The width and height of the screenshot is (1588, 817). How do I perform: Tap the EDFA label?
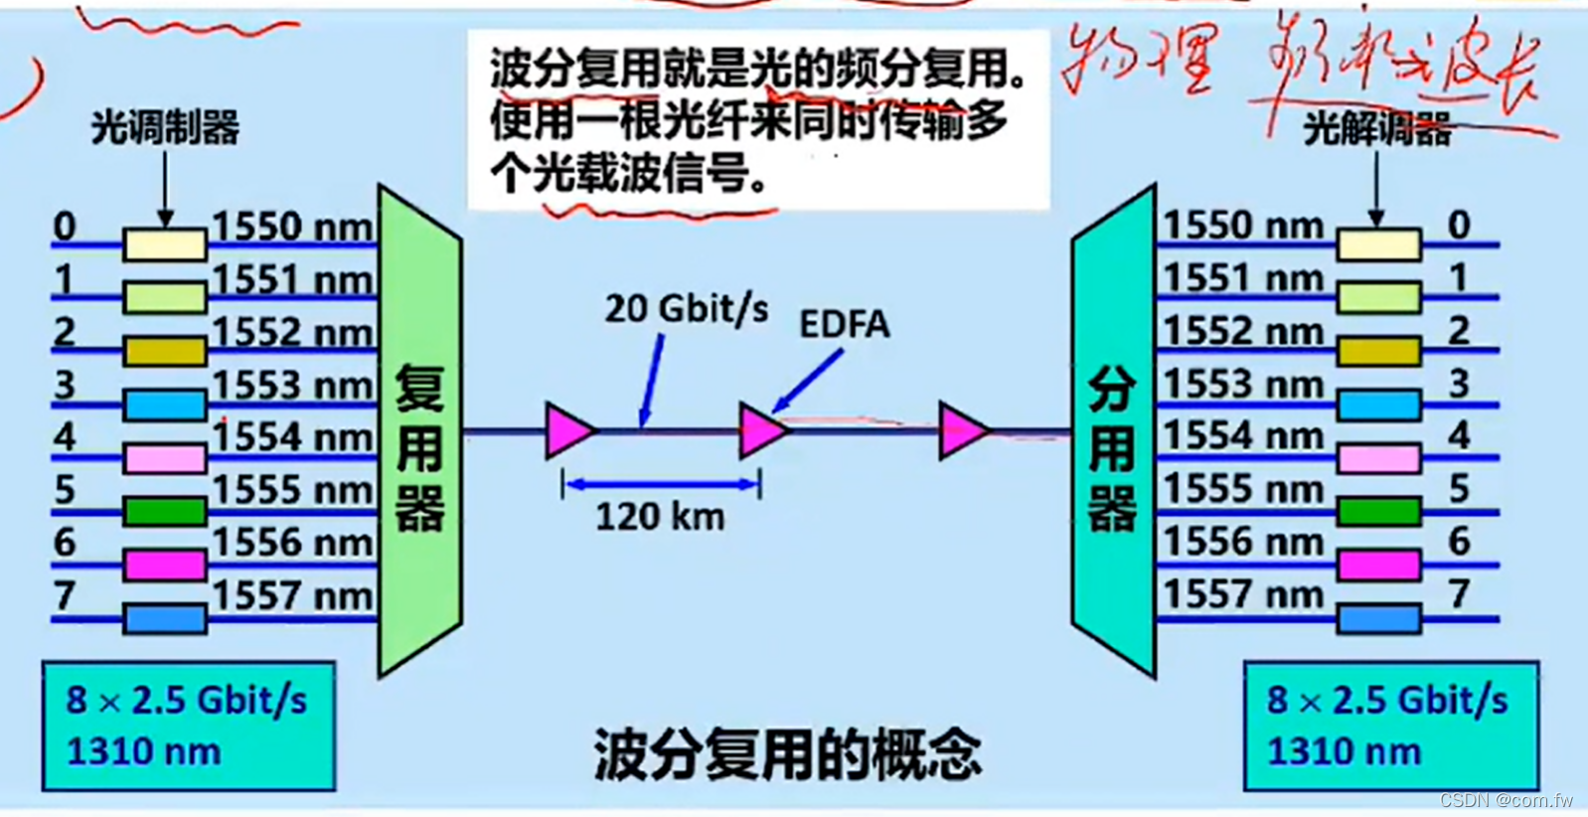click(x=844, y=324)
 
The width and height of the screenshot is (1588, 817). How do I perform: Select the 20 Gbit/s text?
click(x=687, y=309)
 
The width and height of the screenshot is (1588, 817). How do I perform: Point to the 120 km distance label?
click(x=660, y=517)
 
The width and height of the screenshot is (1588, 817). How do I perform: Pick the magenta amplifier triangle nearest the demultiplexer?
click(x=961, y=430)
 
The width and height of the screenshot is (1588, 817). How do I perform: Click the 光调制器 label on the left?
click(x=165, y=128)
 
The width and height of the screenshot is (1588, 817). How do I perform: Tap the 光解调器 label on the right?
click(x=1376, y=128)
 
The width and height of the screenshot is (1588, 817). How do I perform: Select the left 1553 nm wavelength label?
click(x=292, y=385)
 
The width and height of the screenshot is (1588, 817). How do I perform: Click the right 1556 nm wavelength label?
click(x=1243, y=542)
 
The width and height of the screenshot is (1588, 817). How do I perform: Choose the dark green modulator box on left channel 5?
click(x=165, y=512)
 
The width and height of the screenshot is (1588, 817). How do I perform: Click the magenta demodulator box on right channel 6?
click(x=1378, y=565)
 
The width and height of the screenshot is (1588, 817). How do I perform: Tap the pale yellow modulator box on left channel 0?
click(x=165, y=245)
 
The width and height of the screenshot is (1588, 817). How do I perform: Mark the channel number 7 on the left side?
click(x=65, y=595)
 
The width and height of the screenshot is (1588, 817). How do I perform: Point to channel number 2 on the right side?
click(x=1458, y=330)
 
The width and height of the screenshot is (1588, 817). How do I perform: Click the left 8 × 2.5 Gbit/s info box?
click(x=188, y=726)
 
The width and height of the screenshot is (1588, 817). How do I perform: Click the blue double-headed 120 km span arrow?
click(x=661, y=485)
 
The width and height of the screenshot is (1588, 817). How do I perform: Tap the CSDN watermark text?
click(x=1506, y=800)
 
